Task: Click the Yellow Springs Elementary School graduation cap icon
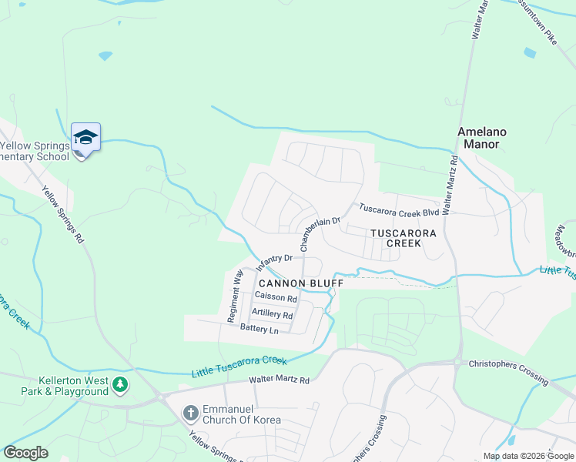coord(85,138)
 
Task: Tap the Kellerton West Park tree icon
coord(119,383)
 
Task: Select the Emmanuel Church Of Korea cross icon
coord(191,413)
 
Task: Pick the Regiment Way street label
coord(235,296)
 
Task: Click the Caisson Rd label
coord(276,297)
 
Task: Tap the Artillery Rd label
coord(272,314)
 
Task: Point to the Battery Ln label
coord(259,329)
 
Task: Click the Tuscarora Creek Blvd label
coord(399,209)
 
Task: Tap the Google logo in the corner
coord(25,453)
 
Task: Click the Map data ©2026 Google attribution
coord(528,456)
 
